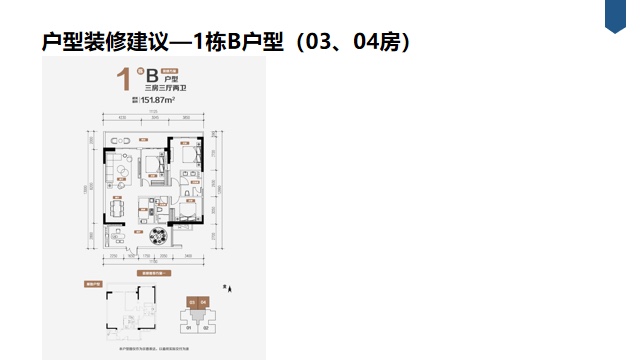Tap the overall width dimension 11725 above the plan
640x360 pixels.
pos(156,110)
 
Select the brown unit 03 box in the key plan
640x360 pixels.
pos(191,301)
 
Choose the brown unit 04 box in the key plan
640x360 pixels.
pos(203,301)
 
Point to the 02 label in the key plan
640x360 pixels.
pos(204,327)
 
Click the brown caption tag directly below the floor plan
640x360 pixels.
pos(156,272)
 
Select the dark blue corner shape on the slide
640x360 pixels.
pos(621,15)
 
